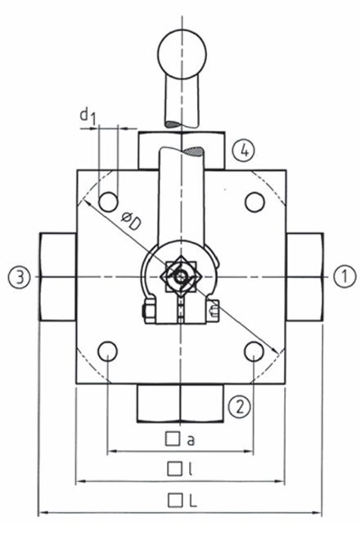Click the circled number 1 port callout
(x=345, y=276)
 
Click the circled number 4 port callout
(x=240, y=150)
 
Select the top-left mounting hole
(x=107, y=201)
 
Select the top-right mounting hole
(x=254, y=201)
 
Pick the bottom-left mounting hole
(x=107, y=352)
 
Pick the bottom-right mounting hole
(x=254, y=352)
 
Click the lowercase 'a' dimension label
(x=190, y=439)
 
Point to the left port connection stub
(x=56, y=276)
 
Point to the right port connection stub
(x=304, y=276)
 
